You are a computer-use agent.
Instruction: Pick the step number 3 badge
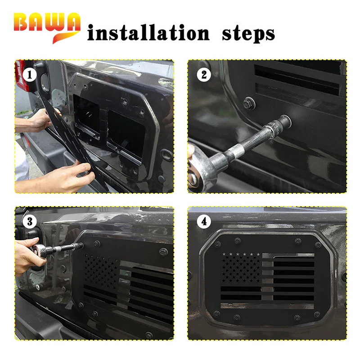click(30, 221)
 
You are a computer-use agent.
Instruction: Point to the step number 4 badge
click(204, 221)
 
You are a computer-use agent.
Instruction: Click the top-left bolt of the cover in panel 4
click(218, 244)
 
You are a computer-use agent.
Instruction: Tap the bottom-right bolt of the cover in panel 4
click(317, 315)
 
